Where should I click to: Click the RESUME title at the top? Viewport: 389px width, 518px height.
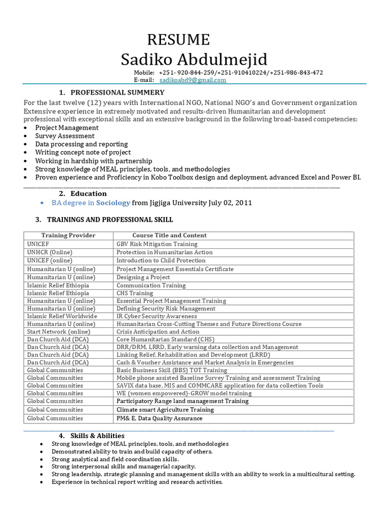(x=178, y=39)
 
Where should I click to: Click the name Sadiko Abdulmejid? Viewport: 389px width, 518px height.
(x=194, y=60)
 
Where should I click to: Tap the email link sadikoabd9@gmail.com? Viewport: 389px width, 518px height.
(x=193, y=80)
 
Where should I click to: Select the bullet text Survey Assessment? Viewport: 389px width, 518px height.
(x=64, y=136)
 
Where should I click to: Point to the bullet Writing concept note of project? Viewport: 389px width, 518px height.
(x=83, y=152)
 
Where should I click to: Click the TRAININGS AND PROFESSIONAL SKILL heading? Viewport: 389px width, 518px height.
(x=110, y=220)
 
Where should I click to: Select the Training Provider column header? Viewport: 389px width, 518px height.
(x=68, y=235)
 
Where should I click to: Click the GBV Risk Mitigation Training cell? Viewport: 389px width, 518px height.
(x=157, y=244)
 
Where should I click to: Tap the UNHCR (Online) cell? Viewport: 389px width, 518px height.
(x=50, y=252)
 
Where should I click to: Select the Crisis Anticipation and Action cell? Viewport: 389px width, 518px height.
(x=158, y=332)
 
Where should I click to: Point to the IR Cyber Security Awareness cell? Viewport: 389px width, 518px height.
(x=157, y=316)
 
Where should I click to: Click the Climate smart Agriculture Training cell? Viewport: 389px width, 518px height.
(x=165, y=410)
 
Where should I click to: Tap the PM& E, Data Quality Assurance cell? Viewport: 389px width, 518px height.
(x=159, y=418)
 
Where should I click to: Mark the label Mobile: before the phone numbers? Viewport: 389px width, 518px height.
(x=144, y=73)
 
